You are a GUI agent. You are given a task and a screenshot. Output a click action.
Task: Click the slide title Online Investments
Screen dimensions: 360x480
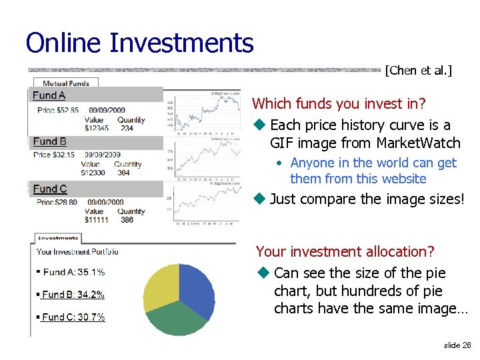point(139,43)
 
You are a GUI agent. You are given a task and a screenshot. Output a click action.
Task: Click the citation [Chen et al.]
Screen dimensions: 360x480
point(418,71)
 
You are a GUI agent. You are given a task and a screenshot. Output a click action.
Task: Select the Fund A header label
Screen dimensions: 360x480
point(49,95)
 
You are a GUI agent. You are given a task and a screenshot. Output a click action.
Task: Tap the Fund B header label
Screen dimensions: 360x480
point(50,141)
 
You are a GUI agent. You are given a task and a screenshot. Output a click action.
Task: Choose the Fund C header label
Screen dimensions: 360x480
point(50,189)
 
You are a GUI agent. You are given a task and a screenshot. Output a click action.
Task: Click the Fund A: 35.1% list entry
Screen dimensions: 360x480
point(73,272)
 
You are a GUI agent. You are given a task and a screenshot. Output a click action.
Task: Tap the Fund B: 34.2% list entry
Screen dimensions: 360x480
point(73,294)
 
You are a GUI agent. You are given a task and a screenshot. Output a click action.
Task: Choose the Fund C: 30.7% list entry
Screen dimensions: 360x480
point(73,317)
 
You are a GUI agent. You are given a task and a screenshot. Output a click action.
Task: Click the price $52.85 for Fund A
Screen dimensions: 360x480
point(67,111)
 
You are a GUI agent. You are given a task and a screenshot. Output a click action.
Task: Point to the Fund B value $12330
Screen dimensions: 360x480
point(94,173)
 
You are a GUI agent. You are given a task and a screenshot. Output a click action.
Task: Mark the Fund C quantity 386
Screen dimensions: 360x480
point(127,219)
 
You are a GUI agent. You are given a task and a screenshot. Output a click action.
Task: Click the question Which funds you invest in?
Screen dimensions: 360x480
point(339,103)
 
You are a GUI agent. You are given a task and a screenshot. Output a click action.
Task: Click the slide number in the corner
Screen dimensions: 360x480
point(457,345)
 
